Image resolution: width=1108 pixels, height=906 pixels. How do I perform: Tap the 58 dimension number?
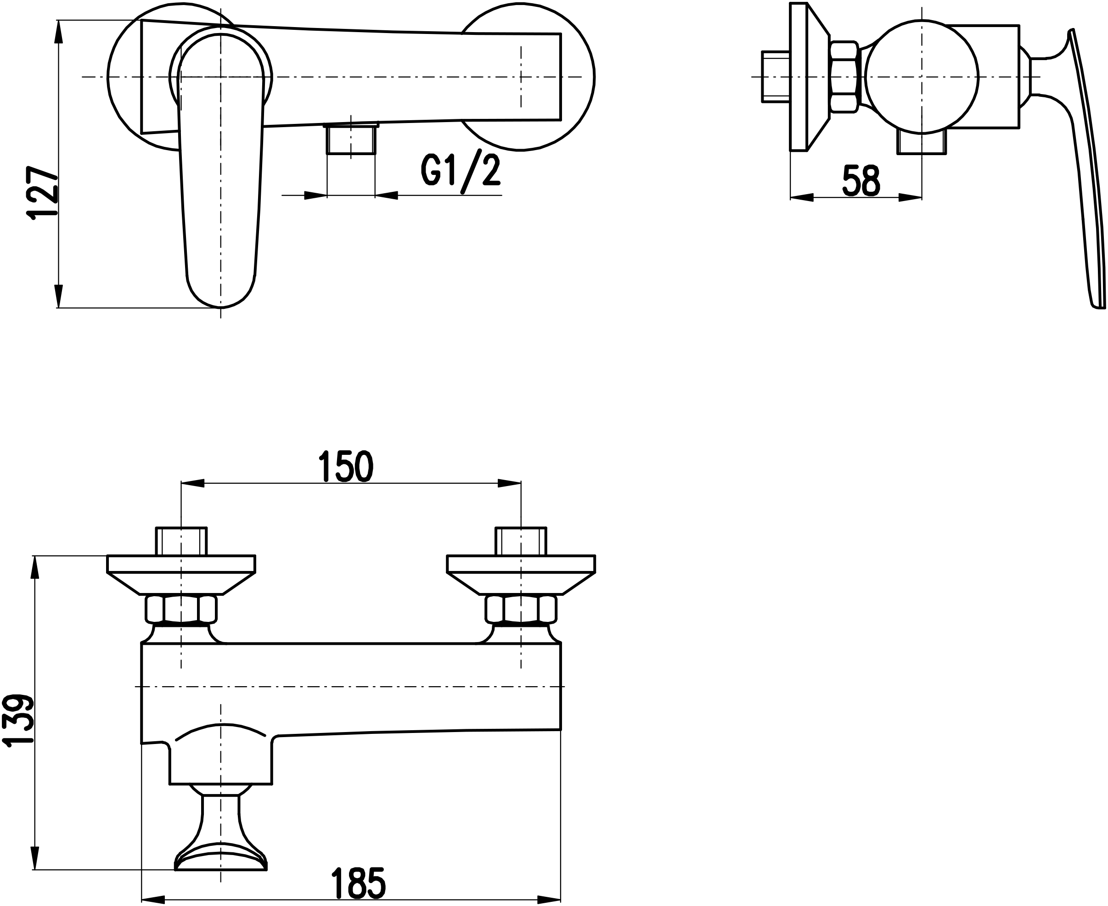(861, 180)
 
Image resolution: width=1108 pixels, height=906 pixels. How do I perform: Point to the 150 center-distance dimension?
(346, 466)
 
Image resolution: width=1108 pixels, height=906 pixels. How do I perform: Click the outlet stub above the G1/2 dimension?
(351, 138)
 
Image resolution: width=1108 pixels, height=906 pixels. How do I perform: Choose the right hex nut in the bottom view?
(521, 609)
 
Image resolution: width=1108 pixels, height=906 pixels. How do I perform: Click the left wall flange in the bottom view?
(181, 575)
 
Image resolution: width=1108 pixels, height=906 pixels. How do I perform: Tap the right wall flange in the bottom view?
(521, 575)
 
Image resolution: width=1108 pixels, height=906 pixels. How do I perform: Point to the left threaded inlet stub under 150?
(181, 541)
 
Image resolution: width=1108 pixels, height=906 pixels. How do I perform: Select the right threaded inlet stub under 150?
(521, 541)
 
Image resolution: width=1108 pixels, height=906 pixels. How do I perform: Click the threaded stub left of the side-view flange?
(776, 77)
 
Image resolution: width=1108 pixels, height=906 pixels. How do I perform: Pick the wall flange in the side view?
(810, 77)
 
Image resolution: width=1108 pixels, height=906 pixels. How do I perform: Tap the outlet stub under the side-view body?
(922, 142)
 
